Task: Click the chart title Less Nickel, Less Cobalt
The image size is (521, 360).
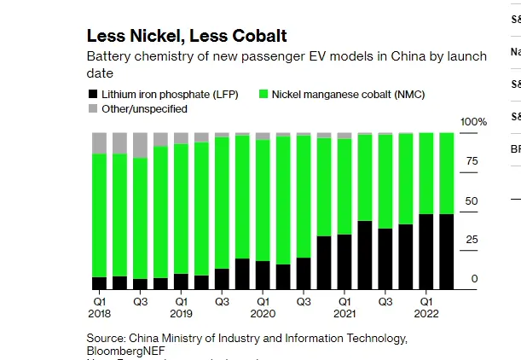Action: (186, 36)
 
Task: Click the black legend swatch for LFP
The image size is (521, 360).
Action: (92, 94)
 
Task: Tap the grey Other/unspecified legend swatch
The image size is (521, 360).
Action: (92, 109)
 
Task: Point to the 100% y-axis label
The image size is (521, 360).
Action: (473, 123)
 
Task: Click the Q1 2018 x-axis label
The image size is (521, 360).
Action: (99, 307)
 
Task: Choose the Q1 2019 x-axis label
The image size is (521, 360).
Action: (181, 307)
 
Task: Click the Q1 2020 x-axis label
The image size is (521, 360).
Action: (263, 307)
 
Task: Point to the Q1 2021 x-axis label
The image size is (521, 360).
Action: (344, 307)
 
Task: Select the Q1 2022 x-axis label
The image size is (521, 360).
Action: (425, 307)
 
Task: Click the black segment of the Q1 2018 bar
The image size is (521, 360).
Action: (99, 283)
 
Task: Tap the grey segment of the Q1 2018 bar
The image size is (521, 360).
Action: (99, 143)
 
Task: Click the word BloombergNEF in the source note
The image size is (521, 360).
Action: (125, 351)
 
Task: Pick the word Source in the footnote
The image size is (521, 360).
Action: (106, 338)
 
